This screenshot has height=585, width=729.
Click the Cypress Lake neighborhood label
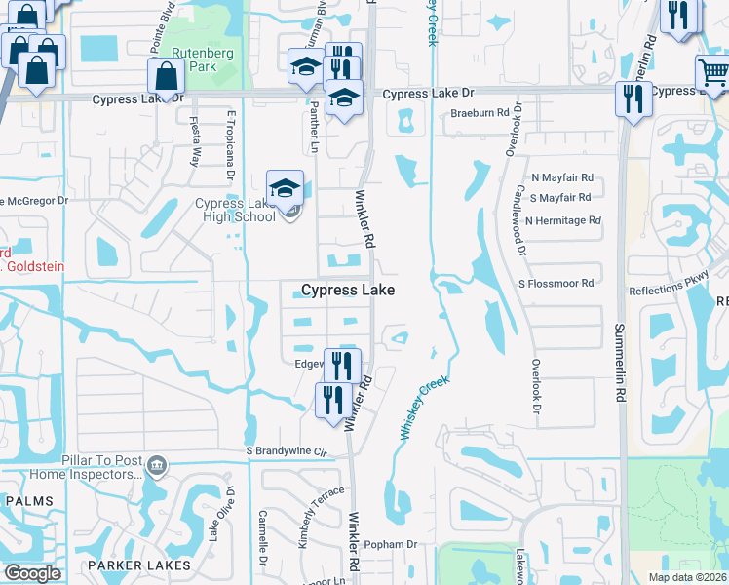348,290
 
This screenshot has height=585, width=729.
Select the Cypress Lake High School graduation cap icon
285,187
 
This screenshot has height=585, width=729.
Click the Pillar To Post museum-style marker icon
156,467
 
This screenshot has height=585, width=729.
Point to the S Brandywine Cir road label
285,452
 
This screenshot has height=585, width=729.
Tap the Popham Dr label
393,544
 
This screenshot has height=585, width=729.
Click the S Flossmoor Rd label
556,284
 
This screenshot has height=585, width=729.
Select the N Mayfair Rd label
561,178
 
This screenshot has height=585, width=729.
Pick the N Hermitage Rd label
562,221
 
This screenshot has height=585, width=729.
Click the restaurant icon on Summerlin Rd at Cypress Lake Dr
633,98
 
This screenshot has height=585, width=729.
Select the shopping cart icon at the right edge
712,73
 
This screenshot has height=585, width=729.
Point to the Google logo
33,573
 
